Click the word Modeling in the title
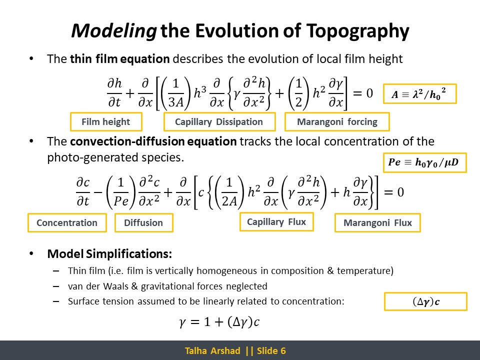coord(114,31)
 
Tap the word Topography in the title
coord(357,31)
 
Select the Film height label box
coord(106,122)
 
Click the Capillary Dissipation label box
coord(219,122)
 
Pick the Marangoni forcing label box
coord(337,122)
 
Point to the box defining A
coord(419,93)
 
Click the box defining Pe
coord(425,162)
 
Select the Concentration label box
coord(67,222)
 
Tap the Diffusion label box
coord(143,222)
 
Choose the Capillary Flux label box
coord(276,221)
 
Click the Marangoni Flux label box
coord(377,222)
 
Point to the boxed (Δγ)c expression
coord(425,302)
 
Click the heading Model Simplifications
coord(109,254)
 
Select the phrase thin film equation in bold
coord(120,59)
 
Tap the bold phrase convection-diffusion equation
coord(153,141)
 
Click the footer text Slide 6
coord(271,351)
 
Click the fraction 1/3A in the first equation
coord(175,93)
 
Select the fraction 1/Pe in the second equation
coord(121,192)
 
